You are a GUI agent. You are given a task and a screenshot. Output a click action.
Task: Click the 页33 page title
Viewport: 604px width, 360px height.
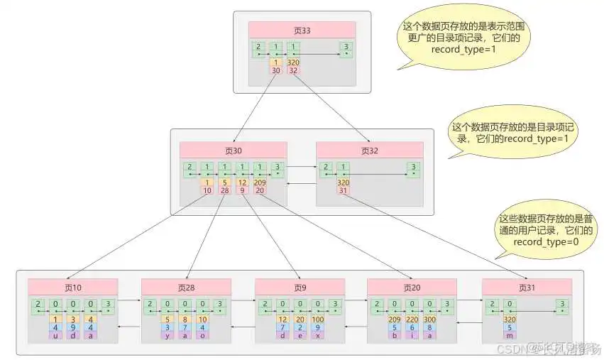click(x=302, y=29)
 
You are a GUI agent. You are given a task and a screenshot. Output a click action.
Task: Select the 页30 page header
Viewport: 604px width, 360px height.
click(x=233, y=151)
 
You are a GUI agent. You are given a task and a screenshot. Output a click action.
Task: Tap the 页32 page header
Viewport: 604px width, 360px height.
click(x=369, y=151)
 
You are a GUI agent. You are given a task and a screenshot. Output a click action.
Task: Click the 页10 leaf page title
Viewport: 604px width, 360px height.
click(x=72, y=288)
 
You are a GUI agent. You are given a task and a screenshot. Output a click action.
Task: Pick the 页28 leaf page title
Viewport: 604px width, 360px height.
click(x=186, y=288)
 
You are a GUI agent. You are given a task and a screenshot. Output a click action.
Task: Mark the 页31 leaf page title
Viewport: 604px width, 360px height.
click(x=527, y=288)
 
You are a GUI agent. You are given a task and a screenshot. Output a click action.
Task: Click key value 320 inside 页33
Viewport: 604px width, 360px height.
click(x=294, y=62)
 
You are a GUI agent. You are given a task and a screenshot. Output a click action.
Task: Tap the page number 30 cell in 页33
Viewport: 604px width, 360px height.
click(x=277, y=70)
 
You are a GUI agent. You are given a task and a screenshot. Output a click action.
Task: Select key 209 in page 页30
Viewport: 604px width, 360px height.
click(x=260, y=182)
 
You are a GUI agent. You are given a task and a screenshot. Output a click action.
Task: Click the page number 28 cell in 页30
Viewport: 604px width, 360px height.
click(x=224, y=190)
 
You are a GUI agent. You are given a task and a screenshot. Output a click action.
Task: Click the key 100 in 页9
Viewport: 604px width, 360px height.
click(x=318, y=319)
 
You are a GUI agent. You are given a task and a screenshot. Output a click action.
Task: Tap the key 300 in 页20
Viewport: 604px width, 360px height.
click(x=430, y=319)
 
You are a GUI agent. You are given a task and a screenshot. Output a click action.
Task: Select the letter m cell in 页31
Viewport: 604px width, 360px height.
click(x=508, y=335)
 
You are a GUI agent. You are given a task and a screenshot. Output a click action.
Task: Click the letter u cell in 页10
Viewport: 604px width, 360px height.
click(x=55, y=335)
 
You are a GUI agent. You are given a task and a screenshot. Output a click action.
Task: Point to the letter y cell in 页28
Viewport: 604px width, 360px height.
click(x=168, y=335)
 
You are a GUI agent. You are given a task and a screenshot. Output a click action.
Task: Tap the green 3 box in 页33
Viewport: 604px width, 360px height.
click(x=346, y=49)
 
